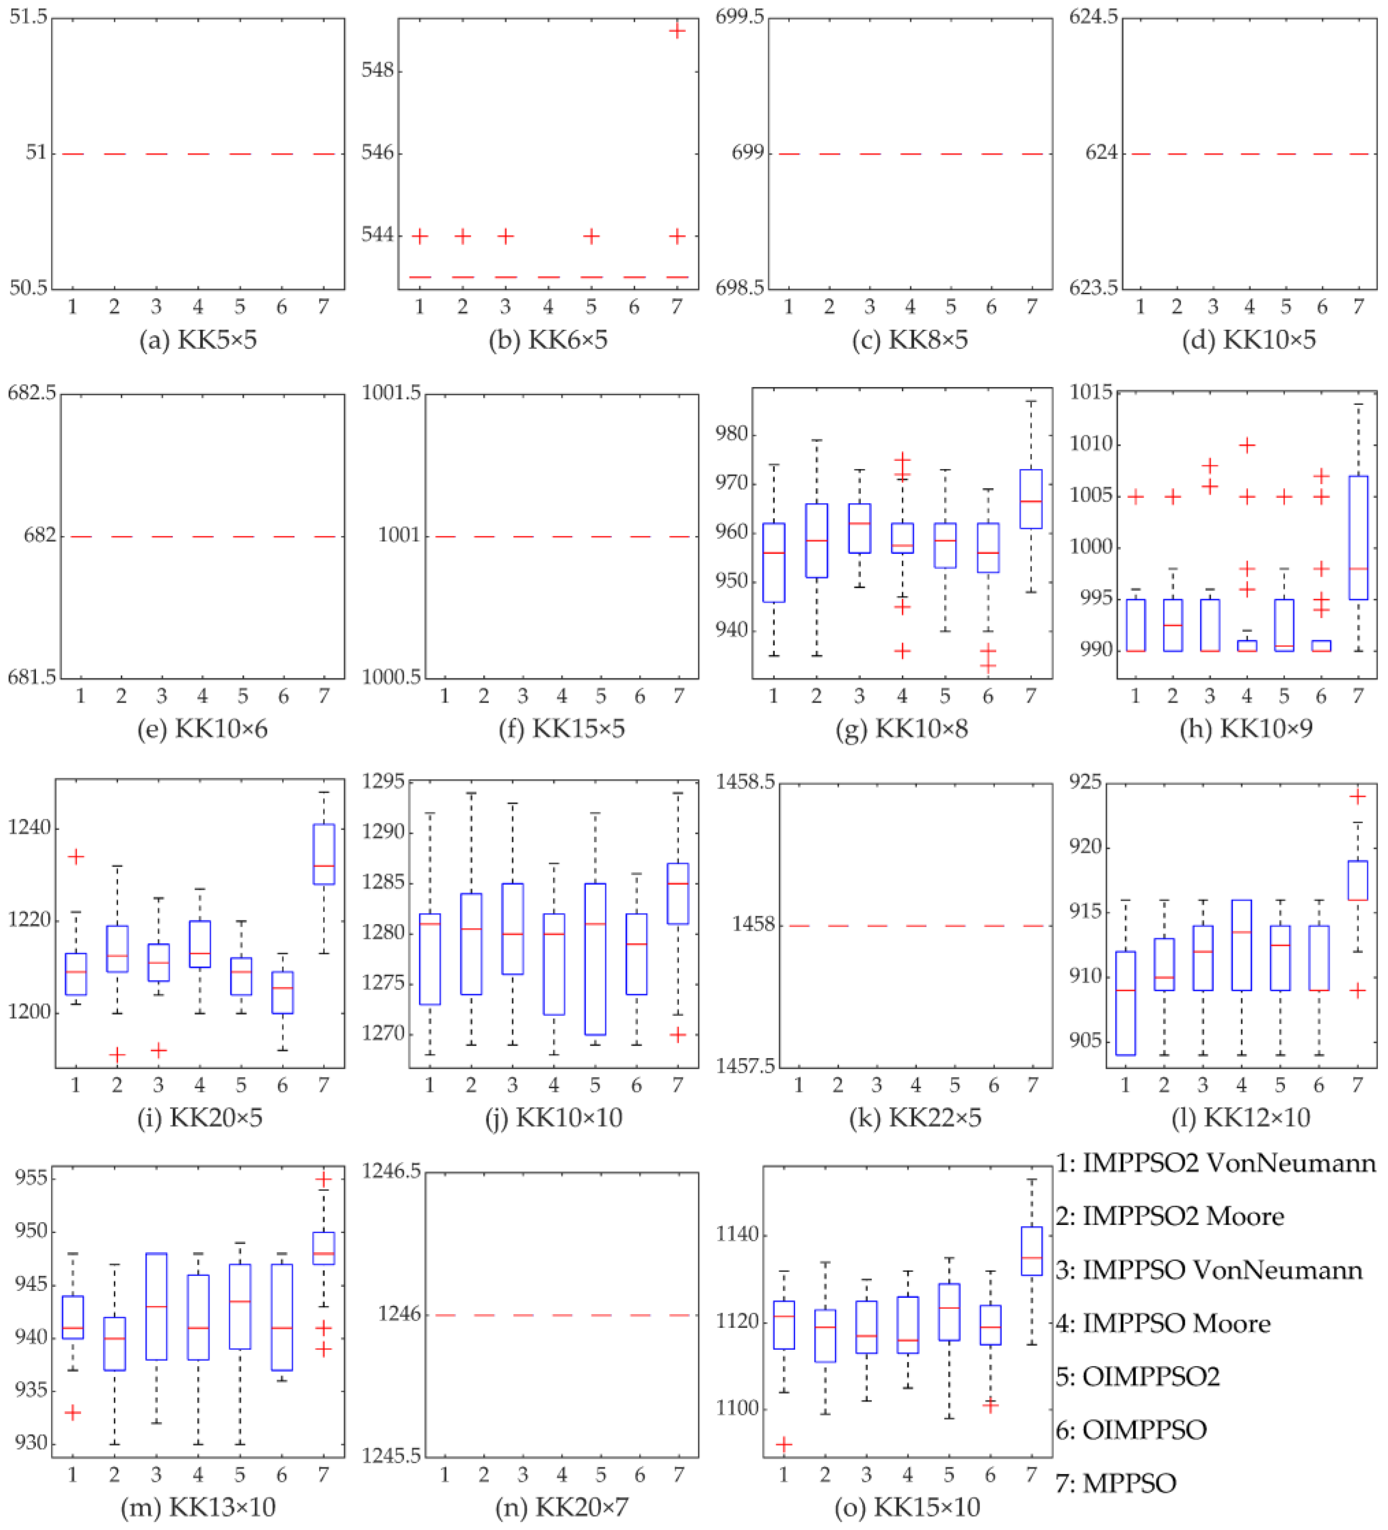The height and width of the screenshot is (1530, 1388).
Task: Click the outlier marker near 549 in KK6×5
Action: click(x=677, y=31)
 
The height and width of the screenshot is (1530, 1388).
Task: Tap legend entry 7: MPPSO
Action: click(x=1116, y=1483)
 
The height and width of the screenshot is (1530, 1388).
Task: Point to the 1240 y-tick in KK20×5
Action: click(x=29, y=828)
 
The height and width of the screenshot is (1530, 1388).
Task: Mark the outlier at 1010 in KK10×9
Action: click(x=1247, y=445)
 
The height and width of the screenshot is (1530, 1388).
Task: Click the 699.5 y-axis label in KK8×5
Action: click(x=740, y=17)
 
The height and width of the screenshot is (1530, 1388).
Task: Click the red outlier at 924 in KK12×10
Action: click(x=1357, y=796)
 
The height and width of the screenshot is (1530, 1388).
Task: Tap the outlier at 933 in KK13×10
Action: click(x=72, y=1413)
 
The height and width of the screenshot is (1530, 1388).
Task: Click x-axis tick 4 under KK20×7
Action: click(x=562, y=1474)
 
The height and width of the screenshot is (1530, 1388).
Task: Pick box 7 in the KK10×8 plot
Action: click(x=1030, y=499)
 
